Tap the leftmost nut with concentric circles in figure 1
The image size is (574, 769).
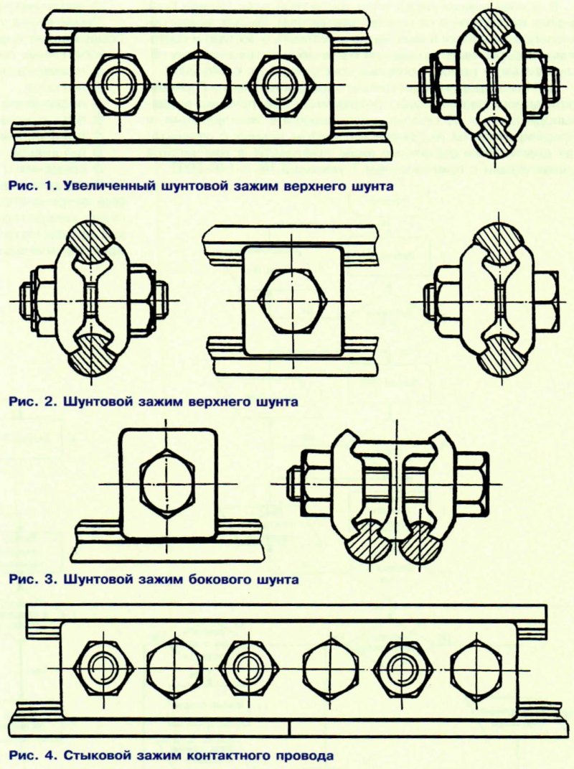[x=118, y=83]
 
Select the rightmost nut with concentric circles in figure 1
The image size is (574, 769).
[x=278, y=83]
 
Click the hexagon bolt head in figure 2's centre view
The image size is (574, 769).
[x=291, y=299]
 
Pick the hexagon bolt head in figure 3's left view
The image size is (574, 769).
[x=167, y=483]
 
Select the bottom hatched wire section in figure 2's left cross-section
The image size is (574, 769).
[x=92, y=354]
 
